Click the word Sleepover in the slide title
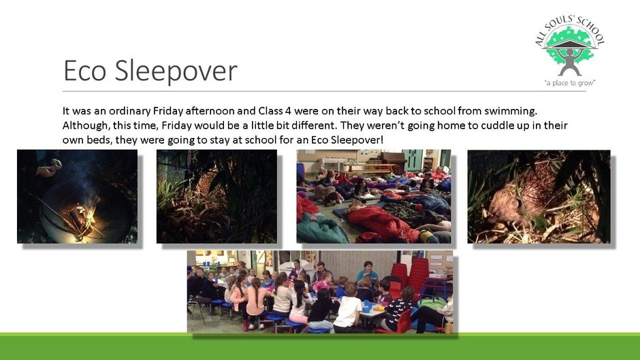176,71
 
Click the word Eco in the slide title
85,71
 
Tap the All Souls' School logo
570,51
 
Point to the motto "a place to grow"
570,83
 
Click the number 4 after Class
288,111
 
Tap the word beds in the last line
100,140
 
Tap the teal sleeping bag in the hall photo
321,231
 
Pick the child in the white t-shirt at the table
348,308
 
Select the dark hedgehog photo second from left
217,196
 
